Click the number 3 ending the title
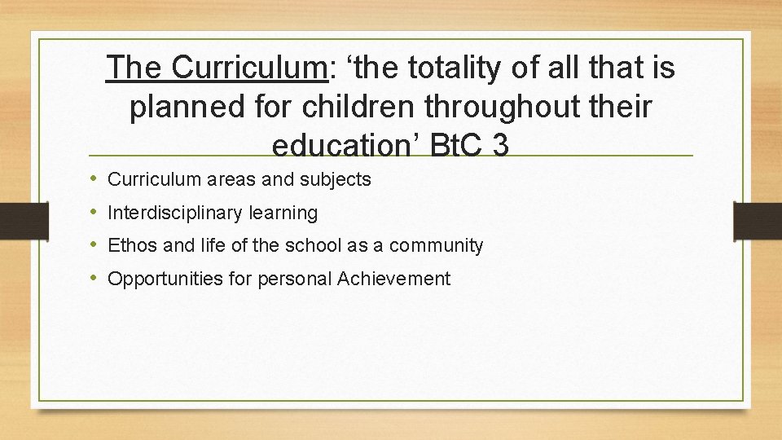coord(501,146)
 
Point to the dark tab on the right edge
coord(757,220)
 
